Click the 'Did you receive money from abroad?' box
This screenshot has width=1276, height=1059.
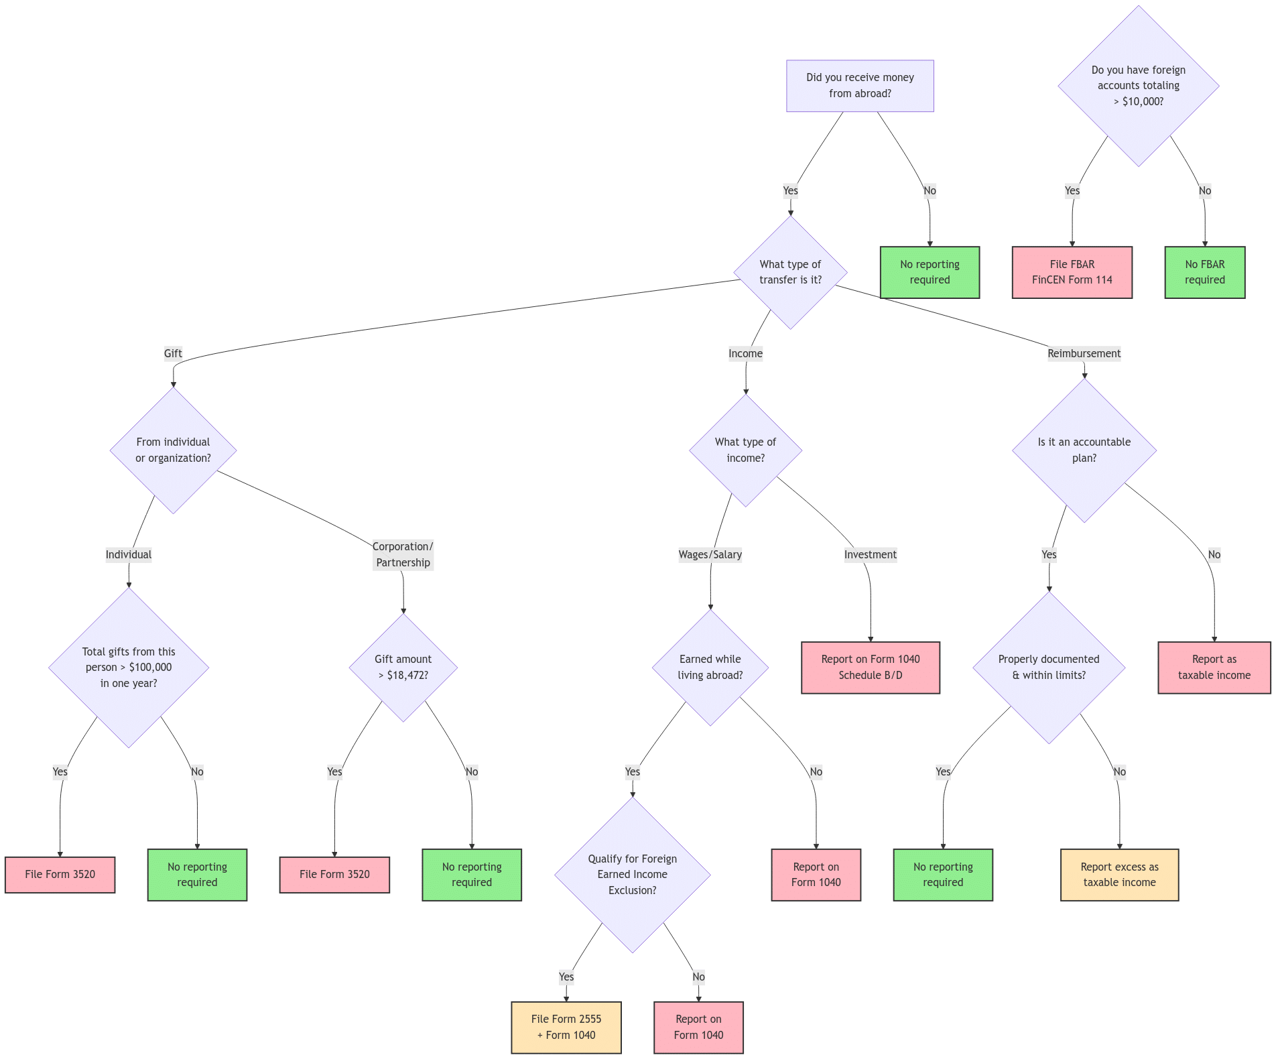tap(859, 86)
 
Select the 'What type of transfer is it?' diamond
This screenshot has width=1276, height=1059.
tap(790, 272)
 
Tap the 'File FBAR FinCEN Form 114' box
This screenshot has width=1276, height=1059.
tap(1072, 272)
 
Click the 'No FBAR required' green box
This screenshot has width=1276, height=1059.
tap(1204, 272)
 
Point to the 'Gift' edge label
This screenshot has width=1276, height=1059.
tap(173, 353)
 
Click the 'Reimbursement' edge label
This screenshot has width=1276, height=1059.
tap(1084, 353)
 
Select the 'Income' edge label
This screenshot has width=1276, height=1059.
tap(745, 353)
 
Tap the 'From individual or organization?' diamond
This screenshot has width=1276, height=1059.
tap(173, 450)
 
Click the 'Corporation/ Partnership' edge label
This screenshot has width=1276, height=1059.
tap(403, 554)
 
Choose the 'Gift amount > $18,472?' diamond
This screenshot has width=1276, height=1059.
tap(403, 667)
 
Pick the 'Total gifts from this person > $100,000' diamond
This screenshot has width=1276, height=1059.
tap(129, 667)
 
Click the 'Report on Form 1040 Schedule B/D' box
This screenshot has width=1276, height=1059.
tap(870, 667)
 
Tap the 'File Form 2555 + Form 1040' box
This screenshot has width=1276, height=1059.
tap(566, 1027)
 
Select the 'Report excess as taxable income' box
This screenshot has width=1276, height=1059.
tap(1119, 875)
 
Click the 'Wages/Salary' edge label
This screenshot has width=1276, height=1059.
tap(710, 554)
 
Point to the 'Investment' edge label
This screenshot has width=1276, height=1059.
tap(870, 554)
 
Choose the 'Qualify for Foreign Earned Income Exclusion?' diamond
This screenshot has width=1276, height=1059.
tap(632, 875)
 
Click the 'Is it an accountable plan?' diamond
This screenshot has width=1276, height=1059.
tap(1084, 450)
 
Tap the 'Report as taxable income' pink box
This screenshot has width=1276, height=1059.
tap(1214, 667)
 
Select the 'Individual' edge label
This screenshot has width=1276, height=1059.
tap(129, 554)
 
